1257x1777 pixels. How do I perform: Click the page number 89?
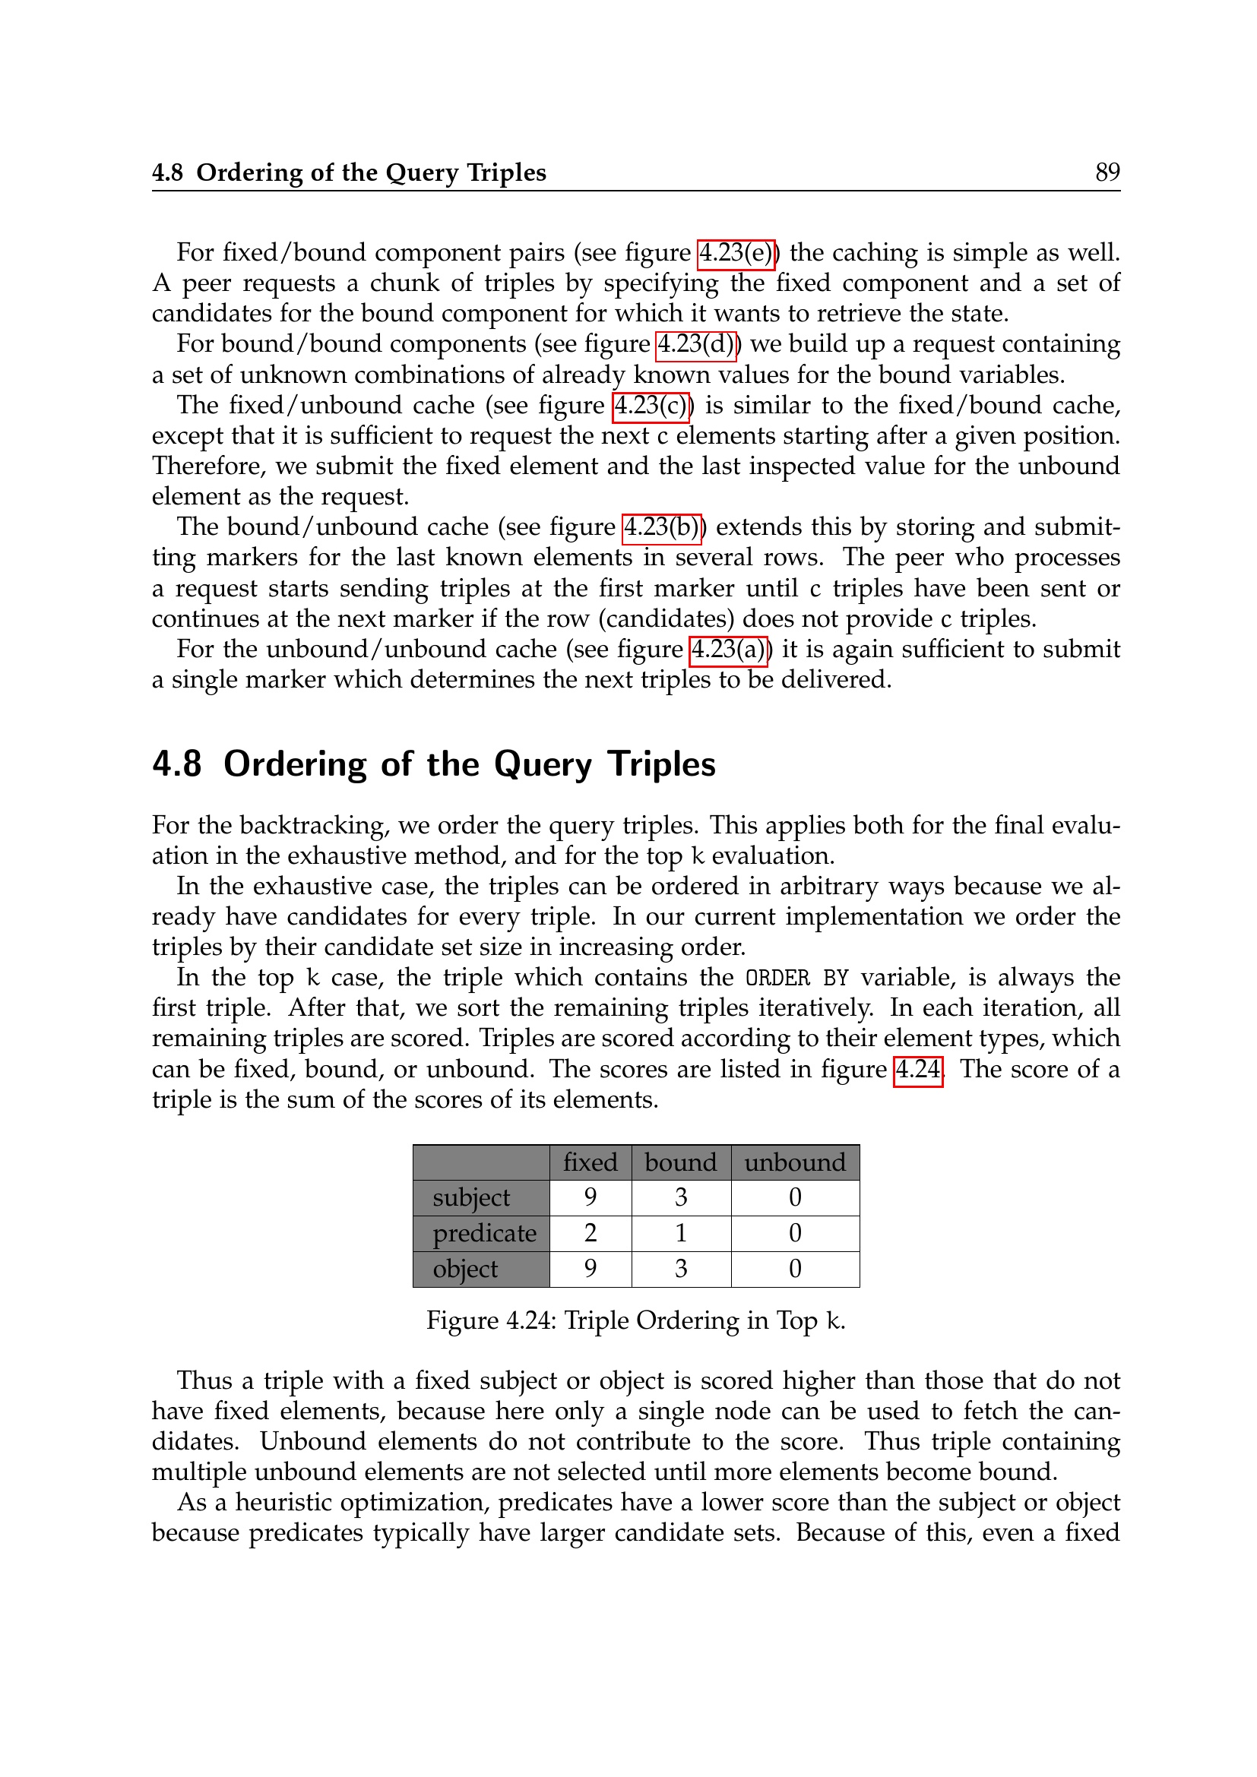tap(1107, 172)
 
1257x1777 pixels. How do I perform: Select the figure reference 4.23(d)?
tap(696, 344)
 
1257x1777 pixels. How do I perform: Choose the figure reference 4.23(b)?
tap(662, 528)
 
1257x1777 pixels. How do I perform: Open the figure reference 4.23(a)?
tap(727, 650)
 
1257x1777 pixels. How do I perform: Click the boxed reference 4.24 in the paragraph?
tap(918, 1070)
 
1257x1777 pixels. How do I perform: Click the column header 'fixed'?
tap(590, 1162)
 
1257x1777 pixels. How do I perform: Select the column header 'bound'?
tap(680, 1162)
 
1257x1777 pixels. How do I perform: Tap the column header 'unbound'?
tap(795, 1162)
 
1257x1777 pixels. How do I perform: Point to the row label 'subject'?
tap(471, 1198)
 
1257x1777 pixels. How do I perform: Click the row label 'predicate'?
tap(484, 1234)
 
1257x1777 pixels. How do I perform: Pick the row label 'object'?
tap(465, 1270)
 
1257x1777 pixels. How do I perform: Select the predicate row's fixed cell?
tap(590, 1234)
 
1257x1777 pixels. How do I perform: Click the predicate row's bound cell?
tap(680, 1234)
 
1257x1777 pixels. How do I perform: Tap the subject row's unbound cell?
tap(795, 1198)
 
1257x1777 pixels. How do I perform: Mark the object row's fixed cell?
tap(590, 1270)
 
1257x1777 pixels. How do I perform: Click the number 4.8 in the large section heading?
tap(176, 765)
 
